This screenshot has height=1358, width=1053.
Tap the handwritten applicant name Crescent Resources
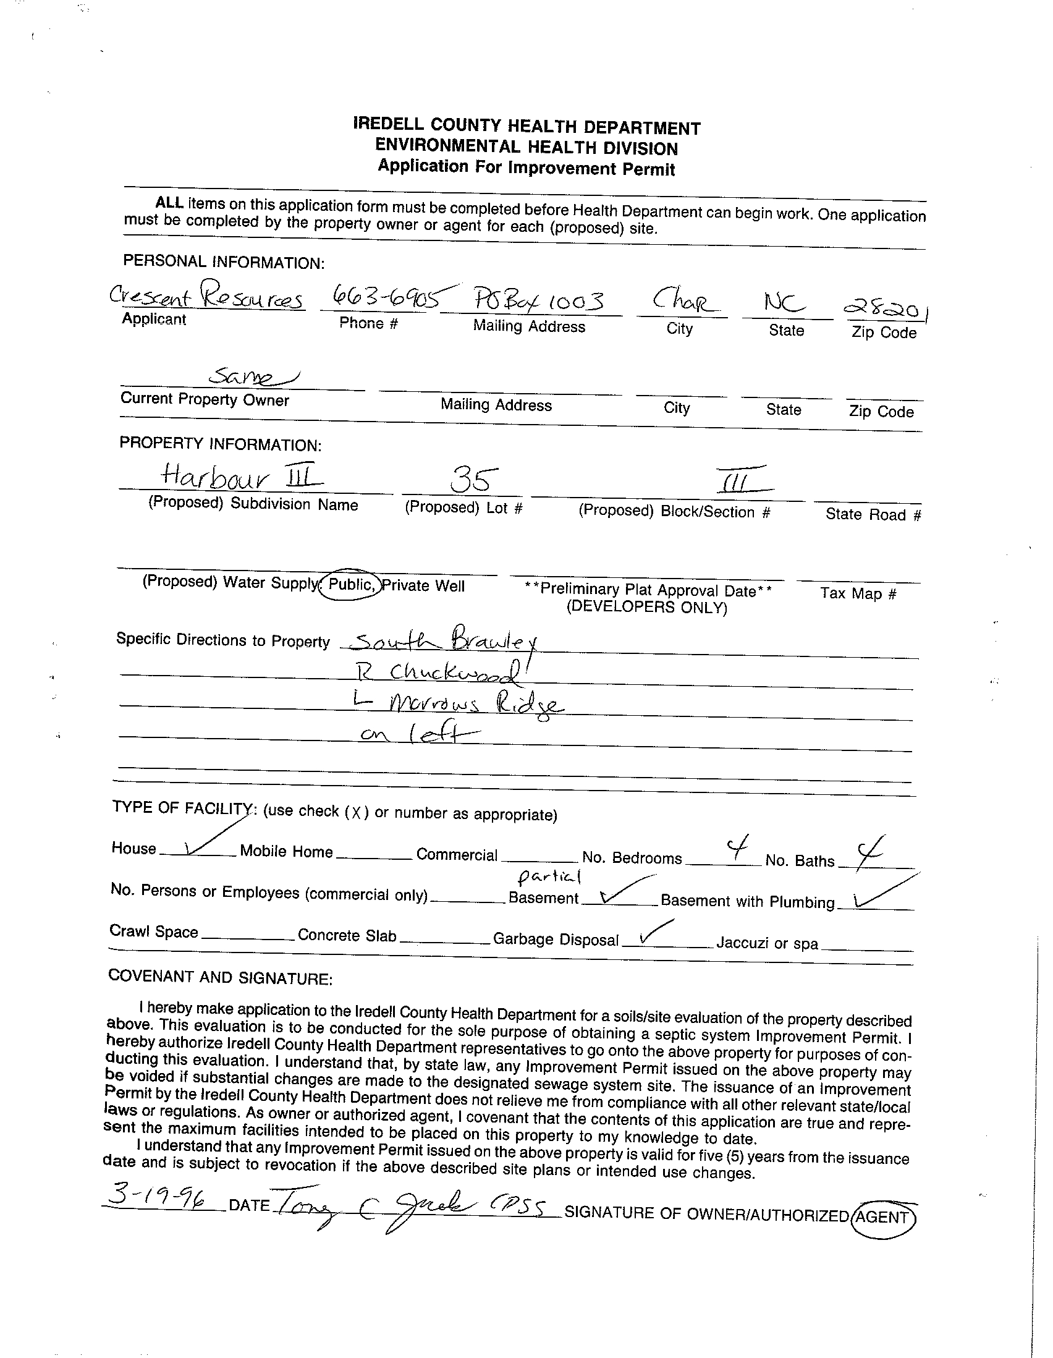click(x=206, y=297)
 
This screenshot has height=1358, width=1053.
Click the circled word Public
click(x=350, y=585)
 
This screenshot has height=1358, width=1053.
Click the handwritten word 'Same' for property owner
click(x=252, y=376)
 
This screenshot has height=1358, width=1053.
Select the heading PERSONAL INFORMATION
click(x=224, y=262)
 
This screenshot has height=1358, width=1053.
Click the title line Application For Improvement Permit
click(x=526, y=168)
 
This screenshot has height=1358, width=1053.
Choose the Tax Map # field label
click(x=858, y=593)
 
